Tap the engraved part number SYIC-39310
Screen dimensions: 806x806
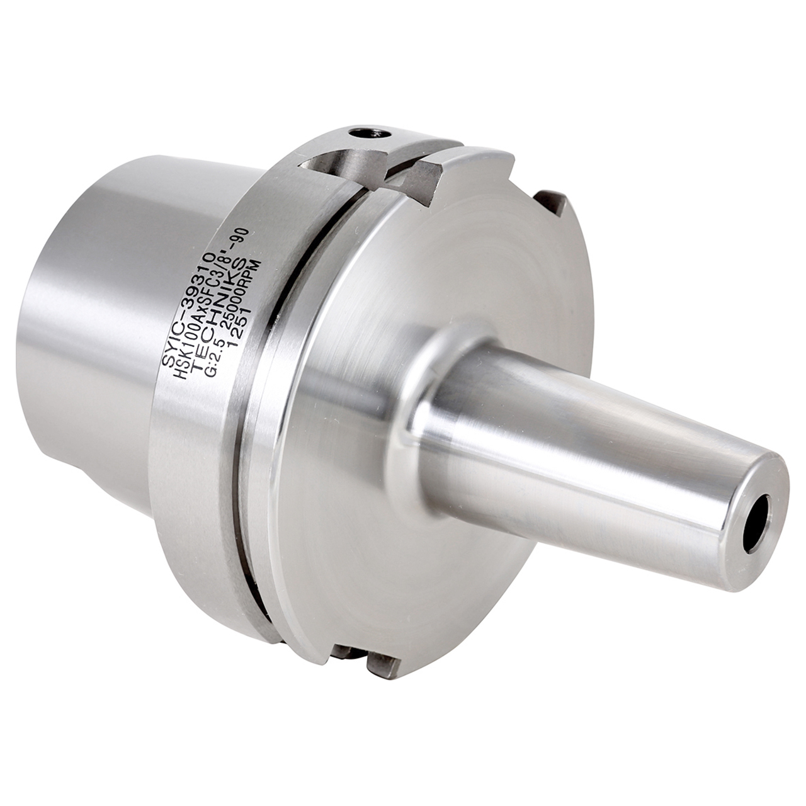click(x=189, y=309)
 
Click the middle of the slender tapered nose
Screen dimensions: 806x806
click(x=586, y=453)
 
